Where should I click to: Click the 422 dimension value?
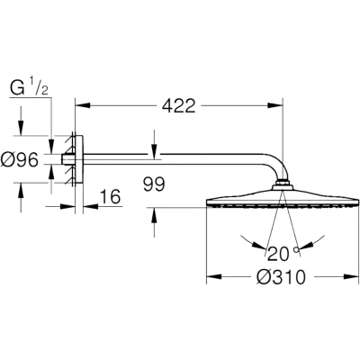point(179,105)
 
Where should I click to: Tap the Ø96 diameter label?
point(20,160)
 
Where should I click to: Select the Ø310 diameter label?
point(281,277)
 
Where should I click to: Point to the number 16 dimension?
point(110,196)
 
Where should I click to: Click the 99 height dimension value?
point(154,184)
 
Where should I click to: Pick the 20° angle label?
point(279,254)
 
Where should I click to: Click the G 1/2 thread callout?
point(30,88)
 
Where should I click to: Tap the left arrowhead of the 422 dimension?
point(83,105)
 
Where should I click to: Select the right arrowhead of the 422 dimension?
point(275,105)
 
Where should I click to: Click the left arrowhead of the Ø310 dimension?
point(214,276)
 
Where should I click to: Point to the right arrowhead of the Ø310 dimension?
point(351,276)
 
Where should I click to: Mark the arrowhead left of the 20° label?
point(258,245)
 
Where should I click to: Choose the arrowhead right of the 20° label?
point(305,245)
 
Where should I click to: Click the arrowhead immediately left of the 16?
point(67,206)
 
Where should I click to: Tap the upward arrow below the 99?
point(154,214)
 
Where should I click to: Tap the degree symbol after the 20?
point(297,249)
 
